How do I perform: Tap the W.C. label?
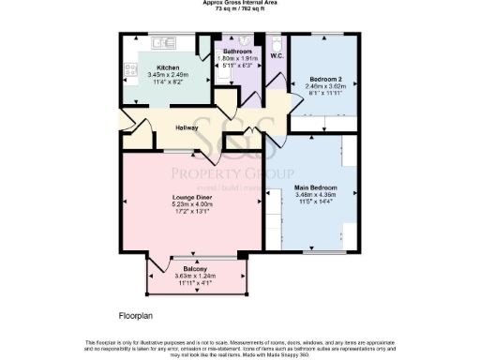277,56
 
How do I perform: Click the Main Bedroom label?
316,187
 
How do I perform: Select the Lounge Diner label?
192,196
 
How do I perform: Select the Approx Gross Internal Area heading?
241,3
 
